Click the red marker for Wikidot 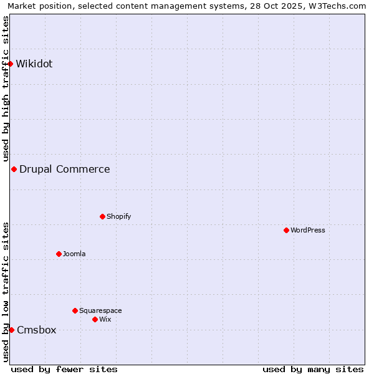point(11,64)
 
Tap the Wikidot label point(34,64)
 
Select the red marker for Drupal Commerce point(14,169)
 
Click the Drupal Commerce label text point(64,169)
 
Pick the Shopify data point point(102,216)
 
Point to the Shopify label point(118,216)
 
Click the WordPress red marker point(286,230)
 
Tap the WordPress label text point(307,230)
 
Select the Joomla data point point(59,254)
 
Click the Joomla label point(74,254)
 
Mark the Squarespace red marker point(75,310)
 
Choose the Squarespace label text point(100,310)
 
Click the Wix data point point(95,319)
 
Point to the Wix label point(105,319)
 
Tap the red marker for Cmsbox point(11,330)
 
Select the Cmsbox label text point(36,330)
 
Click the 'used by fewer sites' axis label point(64,369)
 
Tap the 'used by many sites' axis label point(313,369)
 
